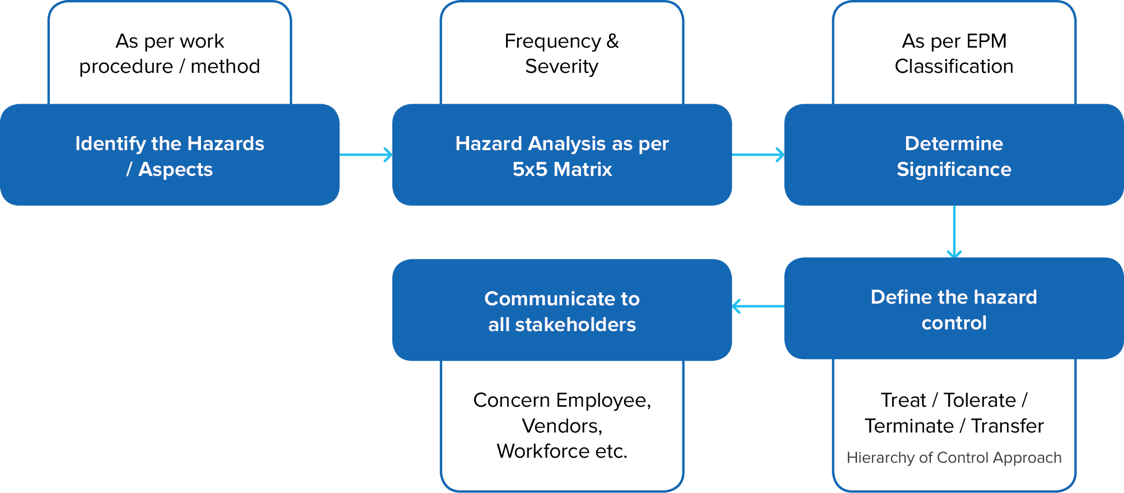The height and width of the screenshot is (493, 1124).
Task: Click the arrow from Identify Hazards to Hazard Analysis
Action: point(366,155)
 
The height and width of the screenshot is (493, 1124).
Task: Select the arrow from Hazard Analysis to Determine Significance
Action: point(758,155)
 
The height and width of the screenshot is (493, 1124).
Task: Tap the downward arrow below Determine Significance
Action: point(954,231)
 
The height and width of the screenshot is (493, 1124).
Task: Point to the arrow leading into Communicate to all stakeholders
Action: point(758,306)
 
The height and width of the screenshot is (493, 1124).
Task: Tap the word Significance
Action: point(954,169)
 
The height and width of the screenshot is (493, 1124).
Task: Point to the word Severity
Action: point(561,66)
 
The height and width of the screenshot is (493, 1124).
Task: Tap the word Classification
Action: point(954,66)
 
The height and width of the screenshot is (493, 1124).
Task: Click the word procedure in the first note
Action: point(126,66)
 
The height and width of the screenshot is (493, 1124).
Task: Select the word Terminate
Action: point(909,426)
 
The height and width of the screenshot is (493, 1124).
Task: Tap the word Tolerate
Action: point(980,400)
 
